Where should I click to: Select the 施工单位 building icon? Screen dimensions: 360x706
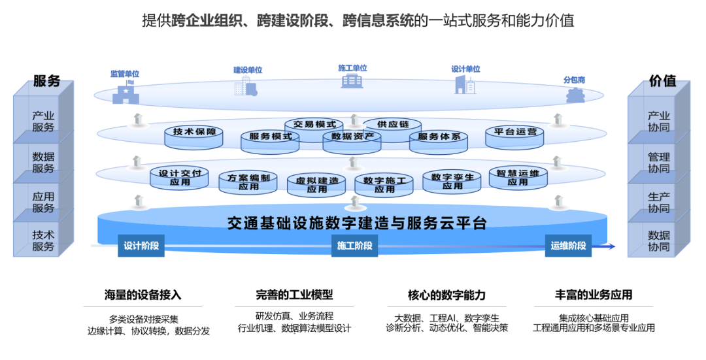352,80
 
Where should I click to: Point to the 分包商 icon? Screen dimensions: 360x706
575,95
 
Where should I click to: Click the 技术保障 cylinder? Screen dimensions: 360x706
194,134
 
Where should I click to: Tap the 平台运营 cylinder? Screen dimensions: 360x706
515,134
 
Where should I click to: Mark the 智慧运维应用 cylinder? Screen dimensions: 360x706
518,178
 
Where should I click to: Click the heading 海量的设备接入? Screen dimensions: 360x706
143,295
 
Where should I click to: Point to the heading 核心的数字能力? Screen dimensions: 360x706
446,295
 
